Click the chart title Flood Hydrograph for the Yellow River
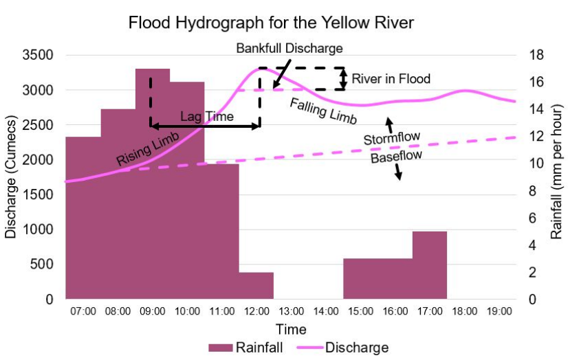272,23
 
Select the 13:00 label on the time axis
291,311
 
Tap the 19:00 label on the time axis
499,311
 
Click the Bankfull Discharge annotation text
289,49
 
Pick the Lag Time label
207,117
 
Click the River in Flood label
391,79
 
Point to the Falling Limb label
323,111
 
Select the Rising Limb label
147,150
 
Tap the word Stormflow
392,138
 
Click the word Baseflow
395,157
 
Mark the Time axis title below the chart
291,330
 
